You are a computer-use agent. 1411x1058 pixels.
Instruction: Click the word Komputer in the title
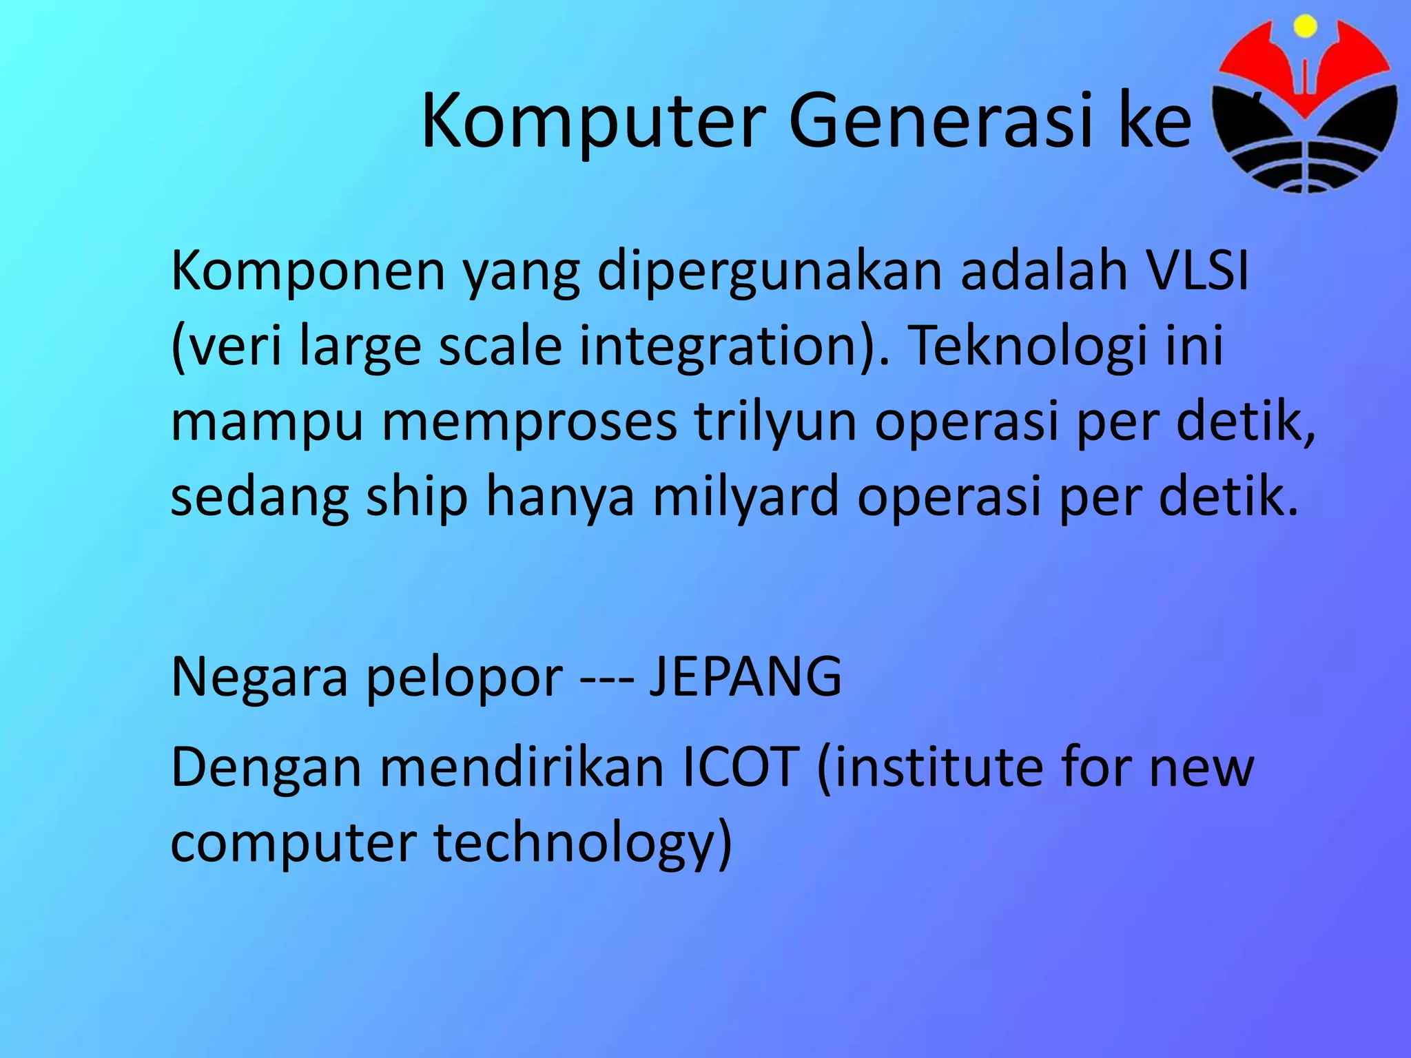(x=593, y=121)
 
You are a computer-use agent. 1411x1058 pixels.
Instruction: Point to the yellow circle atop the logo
(x=1305, y=26)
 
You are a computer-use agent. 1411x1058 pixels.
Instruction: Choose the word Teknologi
(x=1029, y=346)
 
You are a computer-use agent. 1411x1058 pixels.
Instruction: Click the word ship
(x=418, y=497)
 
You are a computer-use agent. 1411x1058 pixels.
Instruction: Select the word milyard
(x=746, y=497)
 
